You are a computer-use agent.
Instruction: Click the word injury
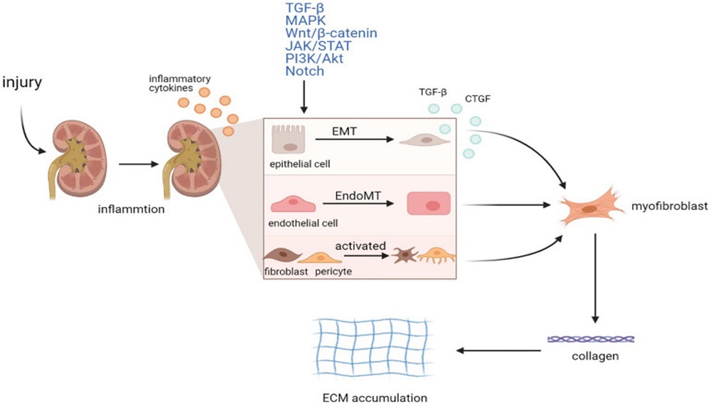(x=23, y=83)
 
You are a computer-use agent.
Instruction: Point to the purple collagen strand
(x=591, y=340)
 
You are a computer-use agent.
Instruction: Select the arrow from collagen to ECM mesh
(x=498, y=349)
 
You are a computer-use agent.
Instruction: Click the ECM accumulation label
(x=375, y=396)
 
